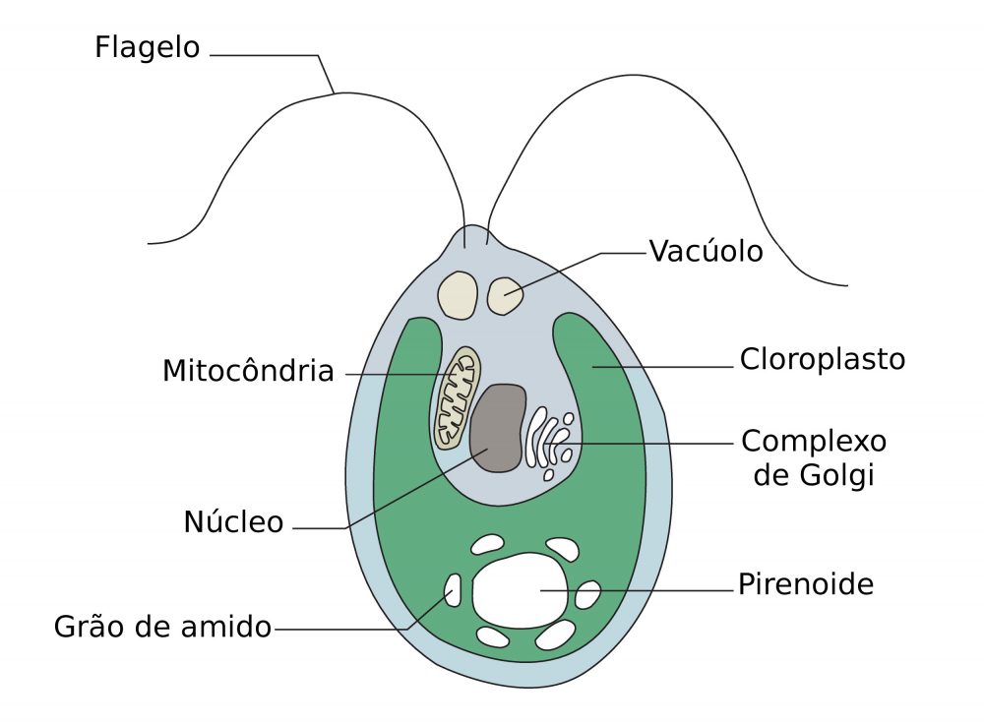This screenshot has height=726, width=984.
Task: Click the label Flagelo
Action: (148, 47)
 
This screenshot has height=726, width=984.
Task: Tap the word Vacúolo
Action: (706, 252)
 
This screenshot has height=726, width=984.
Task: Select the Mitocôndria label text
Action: (248, 372)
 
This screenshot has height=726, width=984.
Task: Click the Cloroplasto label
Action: (822, 359)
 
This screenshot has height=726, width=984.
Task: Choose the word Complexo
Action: (814, 440)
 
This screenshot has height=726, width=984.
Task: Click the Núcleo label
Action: (233, 522)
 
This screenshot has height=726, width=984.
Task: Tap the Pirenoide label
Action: (806, 585)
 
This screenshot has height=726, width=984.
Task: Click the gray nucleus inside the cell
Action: (497, 427)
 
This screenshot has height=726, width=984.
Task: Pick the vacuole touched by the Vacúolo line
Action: (506, 294)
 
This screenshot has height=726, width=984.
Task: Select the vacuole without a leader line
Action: (457, 294)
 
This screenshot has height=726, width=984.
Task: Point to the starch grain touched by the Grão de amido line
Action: (453, 590)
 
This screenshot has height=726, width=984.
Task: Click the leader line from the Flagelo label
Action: (266, 55)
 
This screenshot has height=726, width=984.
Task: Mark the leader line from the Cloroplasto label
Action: (669, 368)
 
